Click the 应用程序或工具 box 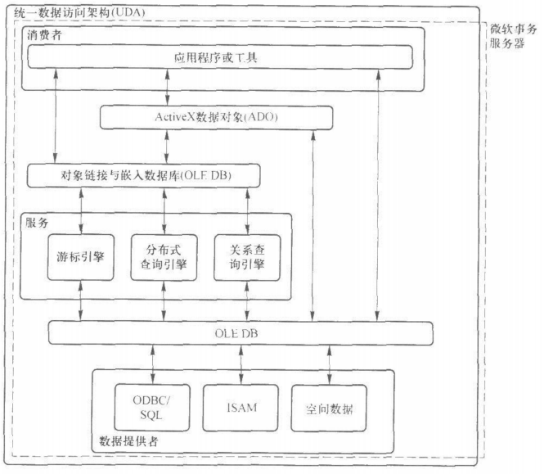[x=221, y=57]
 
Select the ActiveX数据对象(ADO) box [x=217, y=118]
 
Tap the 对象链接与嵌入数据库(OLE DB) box [x=142, y=175]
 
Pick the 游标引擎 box [x=81, y=255]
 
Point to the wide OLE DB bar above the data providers [x=240, y=333]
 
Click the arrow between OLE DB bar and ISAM [x=241, y=359]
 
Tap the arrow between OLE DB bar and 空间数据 [x=330, y=359]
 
